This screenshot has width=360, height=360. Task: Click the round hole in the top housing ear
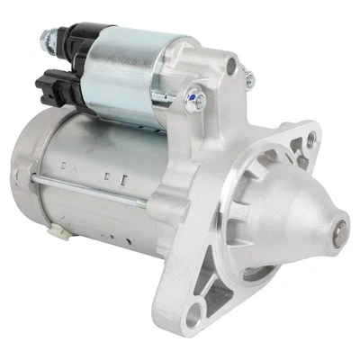point(231,65)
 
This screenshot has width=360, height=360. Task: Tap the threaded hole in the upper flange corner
point(311,138)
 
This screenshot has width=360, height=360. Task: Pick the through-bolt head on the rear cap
point(33,175)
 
